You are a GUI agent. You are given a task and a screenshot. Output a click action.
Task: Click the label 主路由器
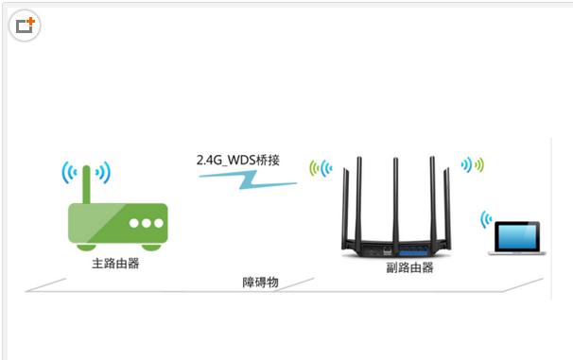click(x=115, y=263)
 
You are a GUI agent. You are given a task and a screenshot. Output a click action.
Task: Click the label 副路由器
click(x=409, y=267)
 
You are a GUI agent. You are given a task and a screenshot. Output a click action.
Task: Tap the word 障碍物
click(x=260, y=283)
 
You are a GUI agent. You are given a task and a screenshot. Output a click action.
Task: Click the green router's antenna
click(x=86, y=184)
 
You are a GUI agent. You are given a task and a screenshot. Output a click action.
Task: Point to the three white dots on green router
click(x=147, y=224)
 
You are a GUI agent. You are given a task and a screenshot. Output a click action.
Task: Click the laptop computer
click(x=513, y=238)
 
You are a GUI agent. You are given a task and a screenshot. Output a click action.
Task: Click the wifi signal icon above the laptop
click(x=486, y=219)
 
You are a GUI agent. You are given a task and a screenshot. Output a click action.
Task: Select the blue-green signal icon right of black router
click(x=472, y=165)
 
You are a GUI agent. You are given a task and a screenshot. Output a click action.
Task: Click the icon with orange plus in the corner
click(x=25, y=26)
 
